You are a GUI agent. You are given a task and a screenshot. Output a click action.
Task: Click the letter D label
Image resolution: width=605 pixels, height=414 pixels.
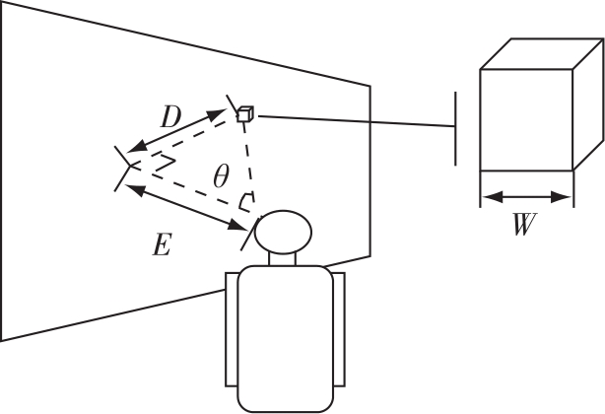click(170, 117)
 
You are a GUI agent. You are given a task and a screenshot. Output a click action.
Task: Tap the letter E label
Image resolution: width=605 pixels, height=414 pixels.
click(162, 244)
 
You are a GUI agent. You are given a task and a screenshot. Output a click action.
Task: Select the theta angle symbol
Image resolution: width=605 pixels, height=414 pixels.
click(221, 175)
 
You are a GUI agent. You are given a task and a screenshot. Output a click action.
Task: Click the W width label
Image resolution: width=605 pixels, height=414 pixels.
click(525, 224)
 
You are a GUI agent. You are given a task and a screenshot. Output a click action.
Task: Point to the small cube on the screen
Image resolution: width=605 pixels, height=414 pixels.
click(245, 114)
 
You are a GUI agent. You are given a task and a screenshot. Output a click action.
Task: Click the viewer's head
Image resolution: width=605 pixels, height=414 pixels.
click(283, 232)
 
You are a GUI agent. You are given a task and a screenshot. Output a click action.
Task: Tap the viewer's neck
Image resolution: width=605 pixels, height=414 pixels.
click(282, 259)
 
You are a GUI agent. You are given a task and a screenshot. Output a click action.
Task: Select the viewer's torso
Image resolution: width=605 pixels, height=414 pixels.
click(285, 339)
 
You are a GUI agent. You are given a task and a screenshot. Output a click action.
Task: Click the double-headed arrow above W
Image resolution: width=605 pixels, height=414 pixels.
click(527, 197)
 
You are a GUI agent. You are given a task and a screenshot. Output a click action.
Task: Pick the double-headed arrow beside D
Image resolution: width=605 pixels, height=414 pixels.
click(176, 131)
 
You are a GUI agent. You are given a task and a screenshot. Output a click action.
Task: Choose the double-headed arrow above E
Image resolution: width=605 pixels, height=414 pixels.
click(187, 208)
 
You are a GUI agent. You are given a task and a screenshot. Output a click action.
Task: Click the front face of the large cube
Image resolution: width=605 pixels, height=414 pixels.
click(526, 120)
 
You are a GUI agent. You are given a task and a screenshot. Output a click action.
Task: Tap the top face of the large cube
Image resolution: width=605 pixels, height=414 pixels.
click(542, 53)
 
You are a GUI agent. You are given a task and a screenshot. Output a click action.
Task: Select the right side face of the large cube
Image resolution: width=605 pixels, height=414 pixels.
click(588, 104)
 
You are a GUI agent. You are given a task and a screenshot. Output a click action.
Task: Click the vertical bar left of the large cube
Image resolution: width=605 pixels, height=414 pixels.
click(455, 128)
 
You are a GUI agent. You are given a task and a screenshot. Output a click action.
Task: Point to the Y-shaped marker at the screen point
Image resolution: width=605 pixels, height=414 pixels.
click(125, 168)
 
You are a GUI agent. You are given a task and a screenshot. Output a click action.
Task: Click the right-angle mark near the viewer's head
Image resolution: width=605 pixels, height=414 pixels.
click(246, 202)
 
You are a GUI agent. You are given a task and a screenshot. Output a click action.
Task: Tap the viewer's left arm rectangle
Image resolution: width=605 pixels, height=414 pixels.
click(232, 329)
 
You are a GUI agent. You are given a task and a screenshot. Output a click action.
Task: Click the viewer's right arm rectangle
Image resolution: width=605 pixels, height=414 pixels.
click(339, 329)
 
